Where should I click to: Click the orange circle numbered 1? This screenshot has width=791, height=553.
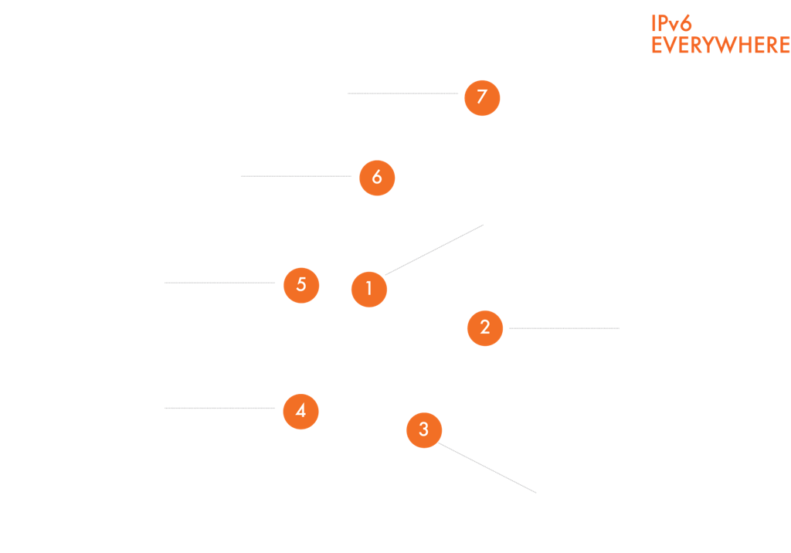coord(369,289)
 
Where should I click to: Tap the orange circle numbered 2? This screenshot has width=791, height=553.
coord(485,327)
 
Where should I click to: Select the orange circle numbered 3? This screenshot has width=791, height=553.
coord(423,429)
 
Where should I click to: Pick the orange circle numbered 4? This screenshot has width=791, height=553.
coord(300,411)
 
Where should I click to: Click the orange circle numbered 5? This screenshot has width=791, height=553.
coord(301,284)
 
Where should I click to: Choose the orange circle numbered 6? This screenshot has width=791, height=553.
coord(377,177)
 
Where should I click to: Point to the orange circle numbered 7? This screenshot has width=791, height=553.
coord(482,97)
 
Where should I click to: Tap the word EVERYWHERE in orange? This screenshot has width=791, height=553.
coord(720,46)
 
